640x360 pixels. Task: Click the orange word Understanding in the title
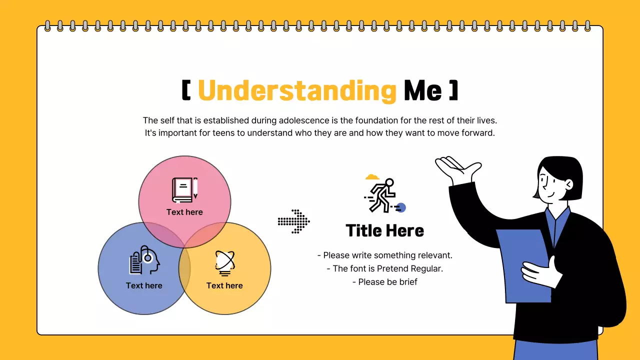coord(297,91)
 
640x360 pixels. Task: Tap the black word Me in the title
coord(423,91)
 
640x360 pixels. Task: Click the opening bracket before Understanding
coord(186,90)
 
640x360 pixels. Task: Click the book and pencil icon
coord(184,190)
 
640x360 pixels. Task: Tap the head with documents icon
coord(144,260)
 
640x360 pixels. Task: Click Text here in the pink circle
coord(184,212)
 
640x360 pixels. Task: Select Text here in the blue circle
coord(144,285)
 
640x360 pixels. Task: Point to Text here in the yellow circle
coord(224,285)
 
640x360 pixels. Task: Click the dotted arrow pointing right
coord(294,221)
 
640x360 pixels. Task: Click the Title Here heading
coord(384,230)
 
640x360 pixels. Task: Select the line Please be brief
coord(384,282)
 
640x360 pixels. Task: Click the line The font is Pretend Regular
coord(384,268)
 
